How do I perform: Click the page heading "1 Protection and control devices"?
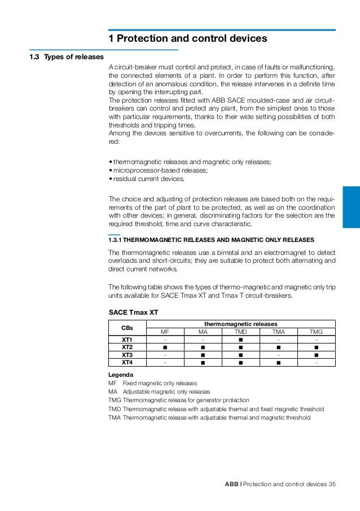[x=187, y=39]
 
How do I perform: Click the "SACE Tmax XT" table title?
[x=133, y=312]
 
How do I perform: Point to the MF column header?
[x=165, y=332]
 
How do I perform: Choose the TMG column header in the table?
[x=317, y=332]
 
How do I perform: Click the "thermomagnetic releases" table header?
[x=240, y=324]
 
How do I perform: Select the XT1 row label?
[x=127, y=340]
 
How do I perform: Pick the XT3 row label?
[x=127, y=355]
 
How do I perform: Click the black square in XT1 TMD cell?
[x=240, y=340]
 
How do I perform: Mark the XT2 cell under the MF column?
[x=165, y=347]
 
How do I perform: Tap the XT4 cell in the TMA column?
[x=278, y=362]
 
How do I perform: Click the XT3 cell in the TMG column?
[x=317, y=355]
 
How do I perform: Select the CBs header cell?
[x=127, y=328]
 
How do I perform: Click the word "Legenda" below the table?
[x=121, y=375]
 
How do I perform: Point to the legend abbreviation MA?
[x=112, y=391]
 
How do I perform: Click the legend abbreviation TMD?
[x=114, y=409]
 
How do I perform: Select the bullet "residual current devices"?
[x=148, y=179]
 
